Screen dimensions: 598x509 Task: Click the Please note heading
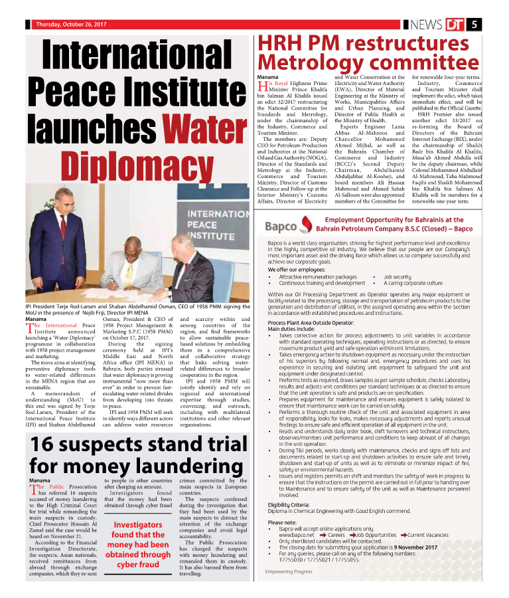(x=282, y=522)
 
